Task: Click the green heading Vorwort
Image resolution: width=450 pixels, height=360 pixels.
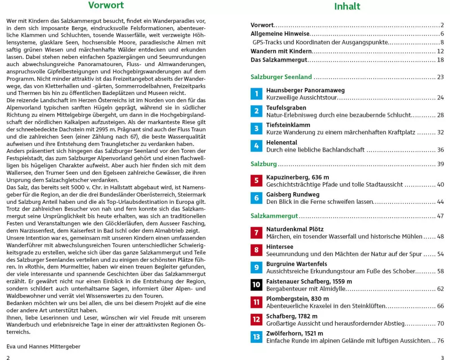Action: [106, 5]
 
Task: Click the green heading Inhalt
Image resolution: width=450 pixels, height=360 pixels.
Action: [347, 6]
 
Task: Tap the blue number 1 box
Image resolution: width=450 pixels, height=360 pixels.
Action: [256, 94]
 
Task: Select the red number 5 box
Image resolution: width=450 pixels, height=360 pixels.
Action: [256, 181]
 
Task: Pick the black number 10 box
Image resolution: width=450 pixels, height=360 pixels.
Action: [256, 285]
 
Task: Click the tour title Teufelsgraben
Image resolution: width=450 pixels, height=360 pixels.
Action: [286, 108]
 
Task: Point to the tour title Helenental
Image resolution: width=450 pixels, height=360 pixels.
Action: [281, 143]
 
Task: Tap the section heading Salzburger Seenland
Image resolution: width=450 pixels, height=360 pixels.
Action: [281, 77]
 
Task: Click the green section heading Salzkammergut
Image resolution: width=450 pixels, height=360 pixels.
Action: [274, 216]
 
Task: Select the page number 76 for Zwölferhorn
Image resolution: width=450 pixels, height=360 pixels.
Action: [440, 341]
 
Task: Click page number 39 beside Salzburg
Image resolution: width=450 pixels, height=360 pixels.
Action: [440, 164]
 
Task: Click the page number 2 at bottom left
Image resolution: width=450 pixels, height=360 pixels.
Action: [8, 357]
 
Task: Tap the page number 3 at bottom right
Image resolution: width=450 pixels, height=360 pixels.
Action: [442, 357]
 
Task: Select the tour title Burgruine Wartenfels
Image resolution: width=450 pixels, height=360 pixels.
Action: [297, 264]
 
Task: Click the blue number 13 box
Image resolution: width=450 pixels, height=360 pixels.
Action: [256, 337]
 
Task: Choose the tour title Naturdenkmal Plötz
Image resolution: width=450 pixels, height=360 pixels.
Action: [295, 229]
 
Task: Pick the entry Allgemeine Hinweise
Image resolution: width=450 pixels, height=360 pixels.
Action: [280, 34]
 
